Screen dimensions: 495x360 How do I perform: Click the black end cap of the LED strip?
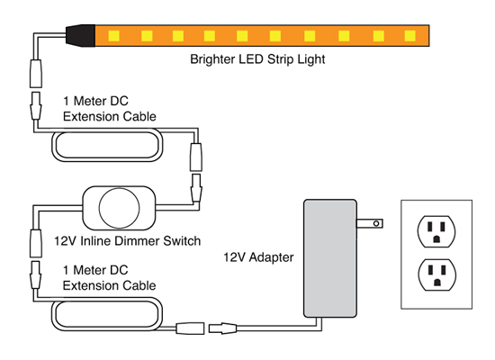tap(81, 35)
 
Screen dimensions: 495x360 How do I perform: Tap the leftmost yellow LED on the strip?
tap(114, 36)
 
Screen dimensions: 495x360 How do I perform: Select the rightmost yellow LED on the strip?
tap(410, 36)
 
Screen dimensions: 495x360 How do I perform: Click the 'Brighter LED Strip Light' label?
tap(257, 59)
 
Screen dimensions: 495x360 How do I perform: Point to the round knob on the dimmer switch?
tap(119, 208)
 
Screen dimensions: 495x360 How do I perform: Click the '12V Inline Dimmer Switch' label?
tap(127, 241)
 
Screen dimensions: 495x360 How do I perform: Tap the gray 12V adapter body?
tap(330, 258)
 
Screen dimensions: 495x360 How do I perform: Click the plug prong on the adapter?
tap(370, 223)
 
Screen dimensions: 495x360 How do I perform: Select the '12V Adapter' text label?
tap(258, 257)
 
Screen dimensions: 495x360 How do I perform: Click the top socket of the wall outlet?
tap(436, 231)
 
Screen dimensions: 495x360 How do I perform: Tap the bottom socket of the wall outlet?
tap(436, 274)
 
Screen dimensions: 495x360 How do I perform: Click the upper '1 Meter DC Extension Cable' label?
tap(110, 109)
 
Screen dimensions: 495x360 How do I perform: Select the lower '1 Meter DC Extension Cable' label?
tap(109, 277)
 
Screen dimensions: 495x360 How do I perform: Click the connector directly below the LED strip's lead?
tap(36, 74)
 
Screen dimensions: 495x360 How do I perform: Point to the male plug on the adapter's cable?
tap(222, 328)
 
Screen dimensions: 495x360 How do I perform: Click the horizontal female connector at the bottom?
tap(190, 328)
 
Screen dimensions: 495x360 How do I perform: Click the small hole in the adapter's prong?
tap(376, 223)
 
